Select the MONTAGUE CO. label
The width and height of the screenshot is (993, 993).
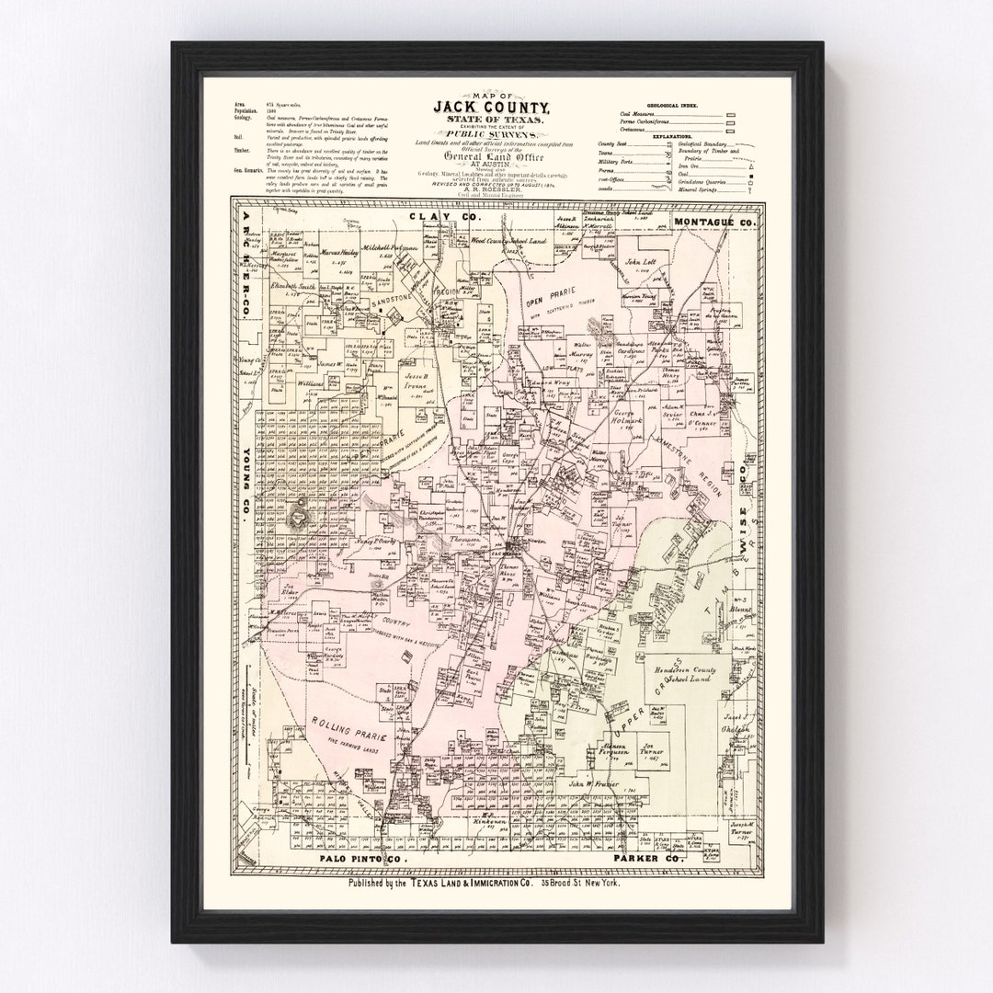coord(714,222)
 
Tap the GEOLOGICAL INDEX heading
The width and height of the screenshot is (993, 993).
coord(671,107)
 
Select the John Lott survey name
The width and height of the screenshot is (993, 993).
coord(638,263)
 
